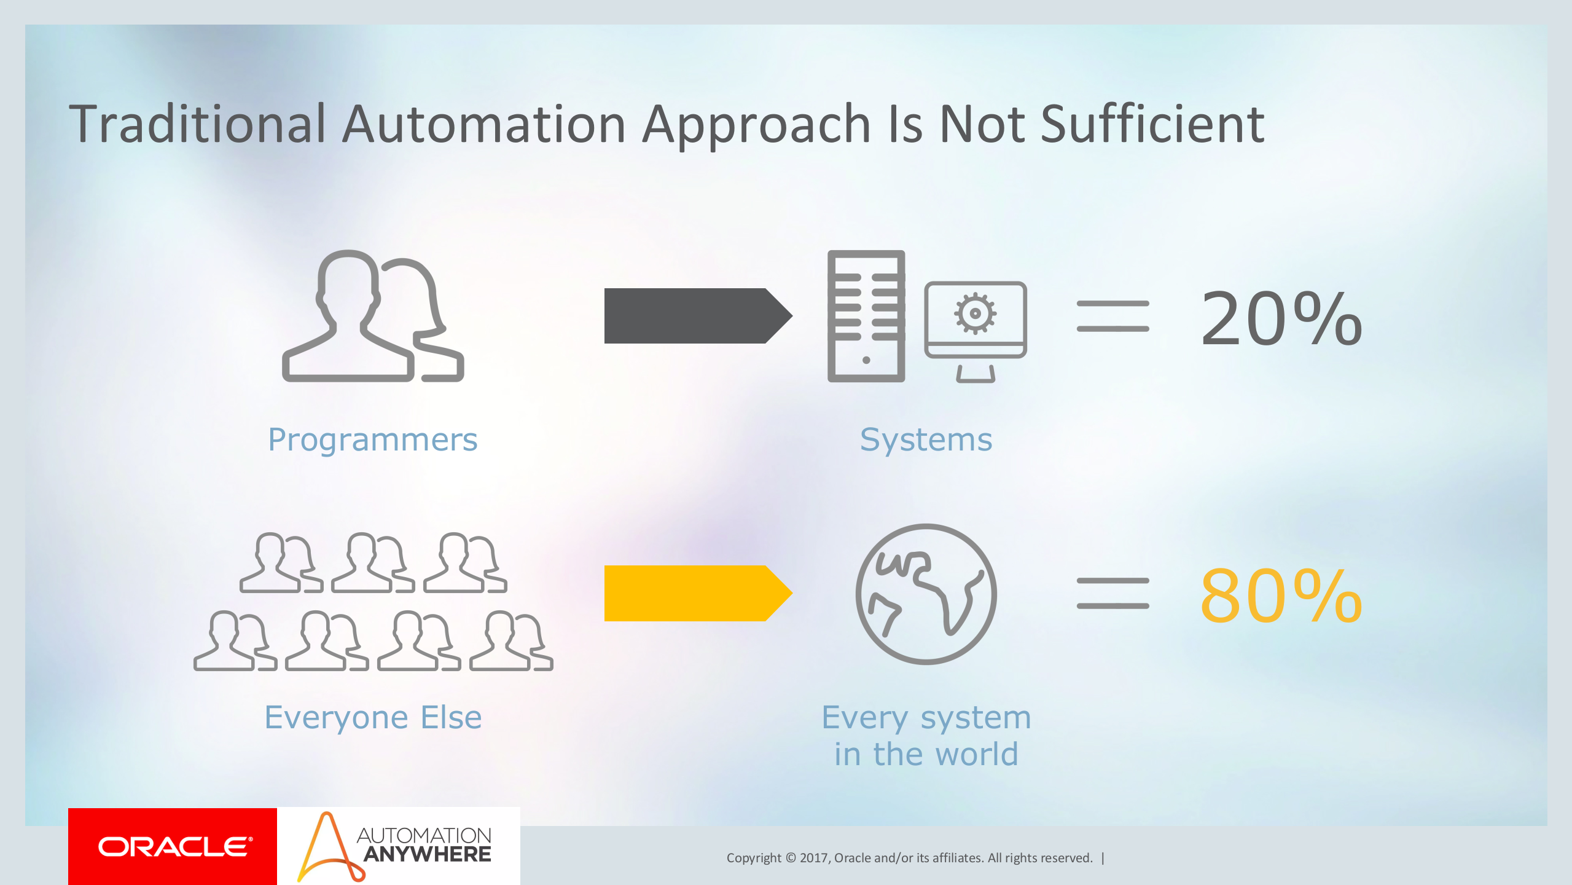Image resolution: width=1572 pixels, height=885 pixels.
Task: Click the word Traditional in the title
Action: [x=197, y=125]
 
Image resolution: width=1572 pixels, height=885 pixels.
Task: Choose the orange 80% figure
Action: [x=1281, y=596]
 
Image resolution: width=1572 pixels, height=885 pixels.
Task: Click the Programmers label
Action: [x=372, y=440]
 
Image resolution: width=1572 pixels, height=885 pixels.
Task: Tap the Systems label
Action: [x=926, y=440]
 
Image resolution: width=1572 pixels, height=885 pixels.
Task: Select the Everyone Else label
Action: [x=372, y=717]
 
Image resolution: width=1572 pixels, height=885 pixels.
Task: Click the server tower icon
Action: [x=866, y=316]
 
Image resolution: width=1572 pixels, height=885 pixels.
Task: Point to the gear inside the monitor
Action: [x=975, y=313]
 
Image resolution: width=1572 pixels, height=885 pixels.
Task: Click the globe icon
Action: [x=926, y=594]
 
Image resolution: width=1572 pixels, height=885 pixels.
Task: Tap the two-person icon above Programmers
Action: [x=372, y=316]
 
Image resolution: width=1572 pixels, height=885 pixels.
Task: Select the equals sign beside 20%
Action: [x=1113, y=316]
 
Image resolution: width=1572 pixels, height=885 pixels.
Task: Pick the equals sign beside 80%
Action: [x=1113, y=593]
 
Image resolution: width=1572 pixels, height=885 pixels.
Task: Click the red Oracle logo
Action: [x=173, y=846]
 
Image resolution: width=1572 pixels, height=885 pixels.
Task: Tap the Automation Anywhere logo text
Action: [x=424, y=845]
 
